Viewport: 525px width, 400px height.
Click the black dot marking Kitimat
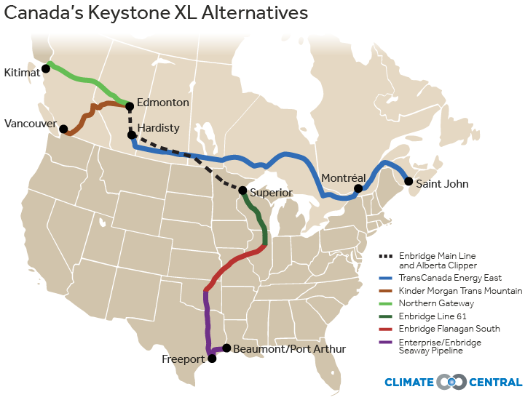pyautogui.click(x=46, y=68)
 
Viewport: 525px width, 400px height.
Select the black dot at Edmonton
pyautogui.click(x=130, y=106)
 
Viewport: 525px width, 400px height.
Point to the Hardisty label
pyautogui.click(x=158, y=129)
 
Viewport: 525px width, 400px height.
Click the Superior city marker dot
pyautogui.click(x=242, y=191)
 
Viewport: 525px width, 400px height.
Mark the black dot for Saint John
pyautogui.click(x=408, y=181)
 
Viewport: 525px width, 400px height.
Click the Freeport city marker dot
pyautogui.click(x=212, y=358)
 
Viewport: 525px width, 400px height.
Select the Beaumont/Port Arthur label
pyautogui.click(x=289, y=349)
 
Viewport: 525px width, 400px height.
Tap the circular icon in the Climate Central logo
pyautogui.click(x=451, y=382)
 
